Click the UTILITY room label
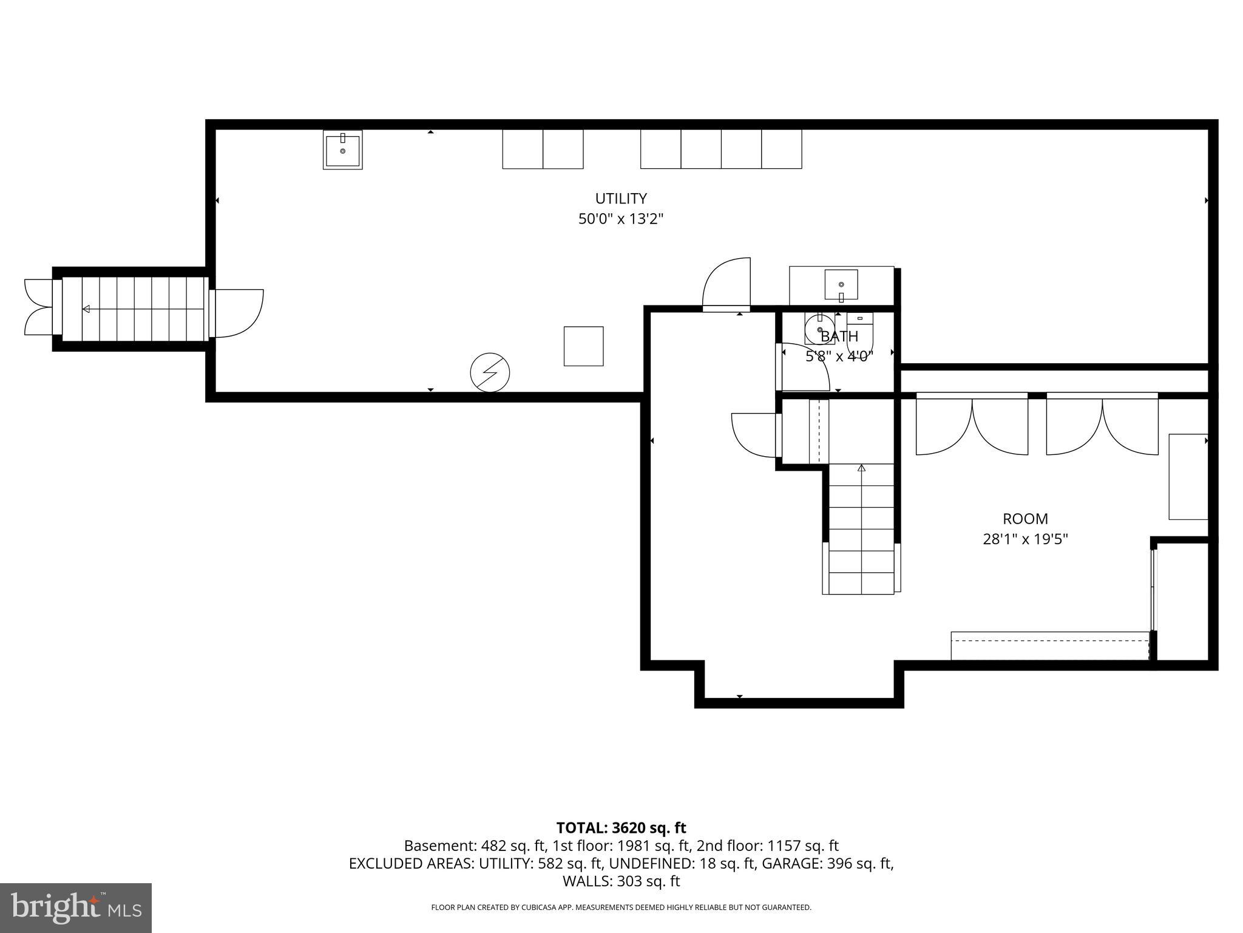pyautogui.click(x=620, y=199)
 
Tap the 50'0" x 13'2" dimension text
pyautogui.click(x=620, y=219)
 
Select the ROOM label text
pyautogui.click(x=1025, y=519)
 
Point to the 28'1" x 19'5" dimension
pyautogui.click(x=1025, y=539)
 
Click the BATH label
pyautogui.click(x=839, y=337)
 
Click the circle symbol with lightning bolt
pyautogui.click(x=490, y=372)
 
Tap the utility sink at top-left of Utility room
pyautogui.click(x=342, y=150)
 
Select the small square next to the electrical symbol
pyautogui.click(x=583, y=346)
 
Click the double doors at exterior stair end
pyautogui.click(x=38, y=307)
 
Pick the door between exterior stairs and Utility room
pyautogui.click(x=237, y=313)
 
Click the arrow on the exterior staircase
pyautogui.click(x=86, y=309)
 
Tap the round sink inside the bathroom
pyautogui.click(x=819, y=330)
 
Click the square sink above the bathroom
pyautogui.click(x=841, y=285)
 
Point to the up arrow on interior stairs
pyautogui.click(x=861, y=468)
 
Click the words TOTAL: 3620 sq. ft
pyautogui.click(x=621, y=828)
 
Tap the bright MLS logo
pyautogui.click(x=75, y=907)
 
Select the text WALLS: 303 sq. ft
pyautogui.click(x=621, y=881)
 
